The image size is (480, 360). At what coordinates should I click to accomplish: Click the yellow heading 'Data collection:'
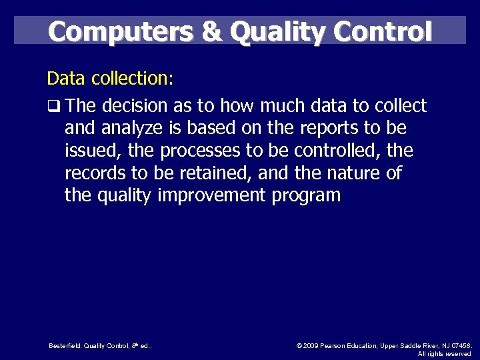(x=110, y=79)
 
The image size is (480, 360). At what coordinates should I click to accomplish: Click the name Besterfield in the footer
(x=65, y=345)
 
